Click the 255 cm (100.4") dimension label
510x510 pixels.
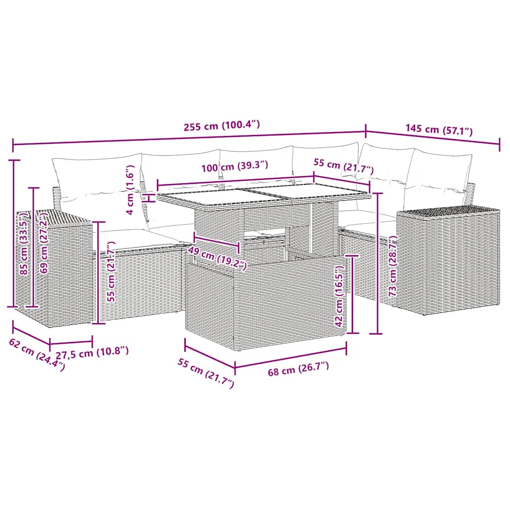(222, 125)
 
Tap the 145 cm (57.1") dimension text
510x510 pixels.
(439, 129)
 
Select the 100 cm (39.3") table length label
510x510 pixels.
(235, 166)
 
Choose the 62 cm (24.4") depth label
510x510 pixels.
(37, 355)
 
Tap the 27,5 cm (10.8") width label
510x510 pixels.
(92, 352)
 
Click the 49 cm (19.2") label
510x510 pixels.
(217, 258)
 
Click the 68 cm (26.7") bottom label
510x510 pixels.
(298, 369)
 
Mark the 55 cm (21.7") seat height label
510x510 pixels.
(112, 271)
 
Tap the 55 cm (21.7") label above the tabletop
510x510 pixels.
(344, 166)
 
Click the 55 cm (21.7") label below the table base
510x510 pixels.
(206, 373)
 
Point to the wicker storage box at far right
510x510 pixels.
(448, 259)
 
